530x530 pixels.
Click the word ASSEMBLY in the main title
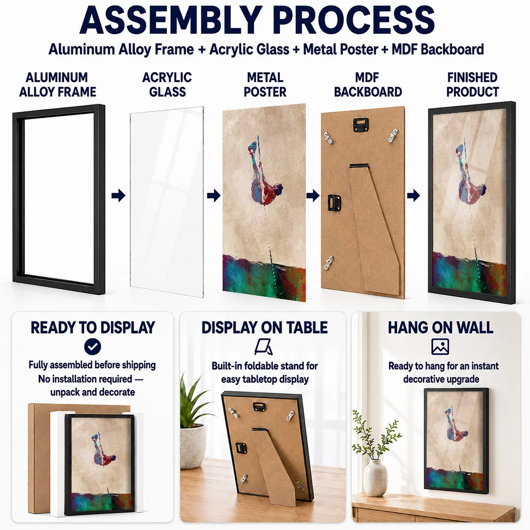click(x=171, y=20)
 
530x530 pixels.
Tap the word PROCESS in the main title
click(x=355, y=20)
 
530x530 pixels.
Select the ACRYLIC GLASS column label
click(x=167, y=84)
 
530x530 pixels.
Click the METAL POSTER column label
click(x=265, y=84)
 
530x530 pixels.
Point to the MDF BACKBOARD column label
click(x=368, y=84)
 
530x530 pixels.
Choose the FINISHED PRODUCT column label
click(x=472, y=84)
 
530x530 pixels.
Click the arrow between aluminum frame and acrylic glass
click(x=118, y=196)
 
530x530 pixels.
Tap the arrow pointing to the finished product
click(x=413, y=196)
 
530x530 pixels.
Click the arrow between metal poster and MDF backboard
click(x=313, y=196)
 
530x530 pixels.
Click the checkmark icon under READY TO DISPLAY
click(x=93, y=347)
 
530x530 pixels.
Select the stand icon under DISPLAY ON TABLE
click(x=264, y=347)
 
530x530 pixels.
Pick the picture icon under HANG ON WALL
click(x=440, y=347)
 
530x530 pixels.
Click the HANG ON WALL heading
click(x=440, y=328)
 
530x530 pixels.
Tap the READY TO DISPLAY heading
click(x=93, y=328)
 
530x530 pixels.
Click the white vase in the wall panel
click(x=375, y=478)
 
